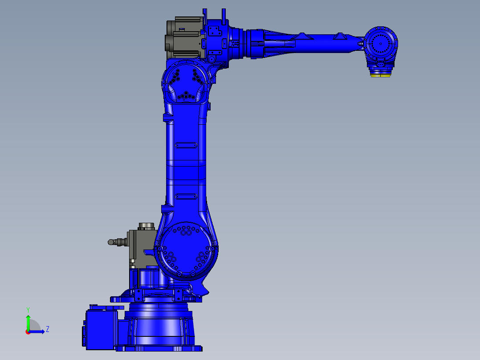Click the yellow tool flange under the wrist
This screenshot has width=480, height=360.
(x=381, y=74)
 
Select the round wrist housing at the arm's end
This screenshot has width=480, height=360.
(x=381, y=44)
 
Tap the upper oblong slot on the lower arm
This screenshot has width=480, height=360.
(x=186, y=145)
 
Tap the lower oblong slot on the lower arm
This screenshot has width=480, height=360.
(x=186, y=196)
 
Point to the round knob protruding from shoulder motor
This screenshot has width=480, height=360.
(x=111, y=242)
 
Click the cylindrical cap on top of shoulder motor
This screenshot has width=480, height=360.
(x=146, y=226)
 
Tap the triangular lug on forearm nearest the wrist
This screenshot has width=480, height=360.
(x=341, y=36)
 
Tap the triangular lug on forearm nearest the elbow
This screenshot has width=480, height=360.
(x=302, y=35)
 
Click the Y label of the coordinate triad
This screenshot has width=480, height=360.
(x=28, y=309)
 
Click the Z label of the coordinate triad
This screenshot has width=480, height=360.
(x=47, y=329)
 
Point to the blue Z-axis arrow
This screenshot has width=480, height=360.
(x=37, y=331)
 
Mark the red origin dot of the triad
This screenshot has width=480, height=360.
(x=27, y=331)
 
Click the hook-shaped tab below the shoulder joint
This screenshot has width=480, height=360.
(x=203, y=290)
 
